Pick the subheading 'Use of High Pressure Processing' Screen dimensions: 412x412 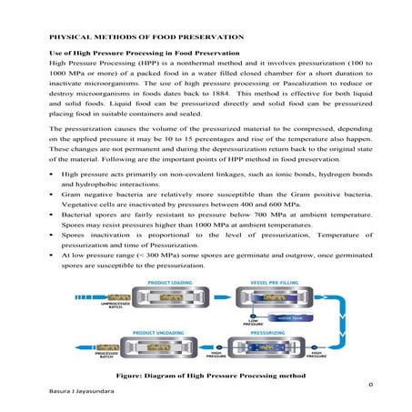135,54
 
